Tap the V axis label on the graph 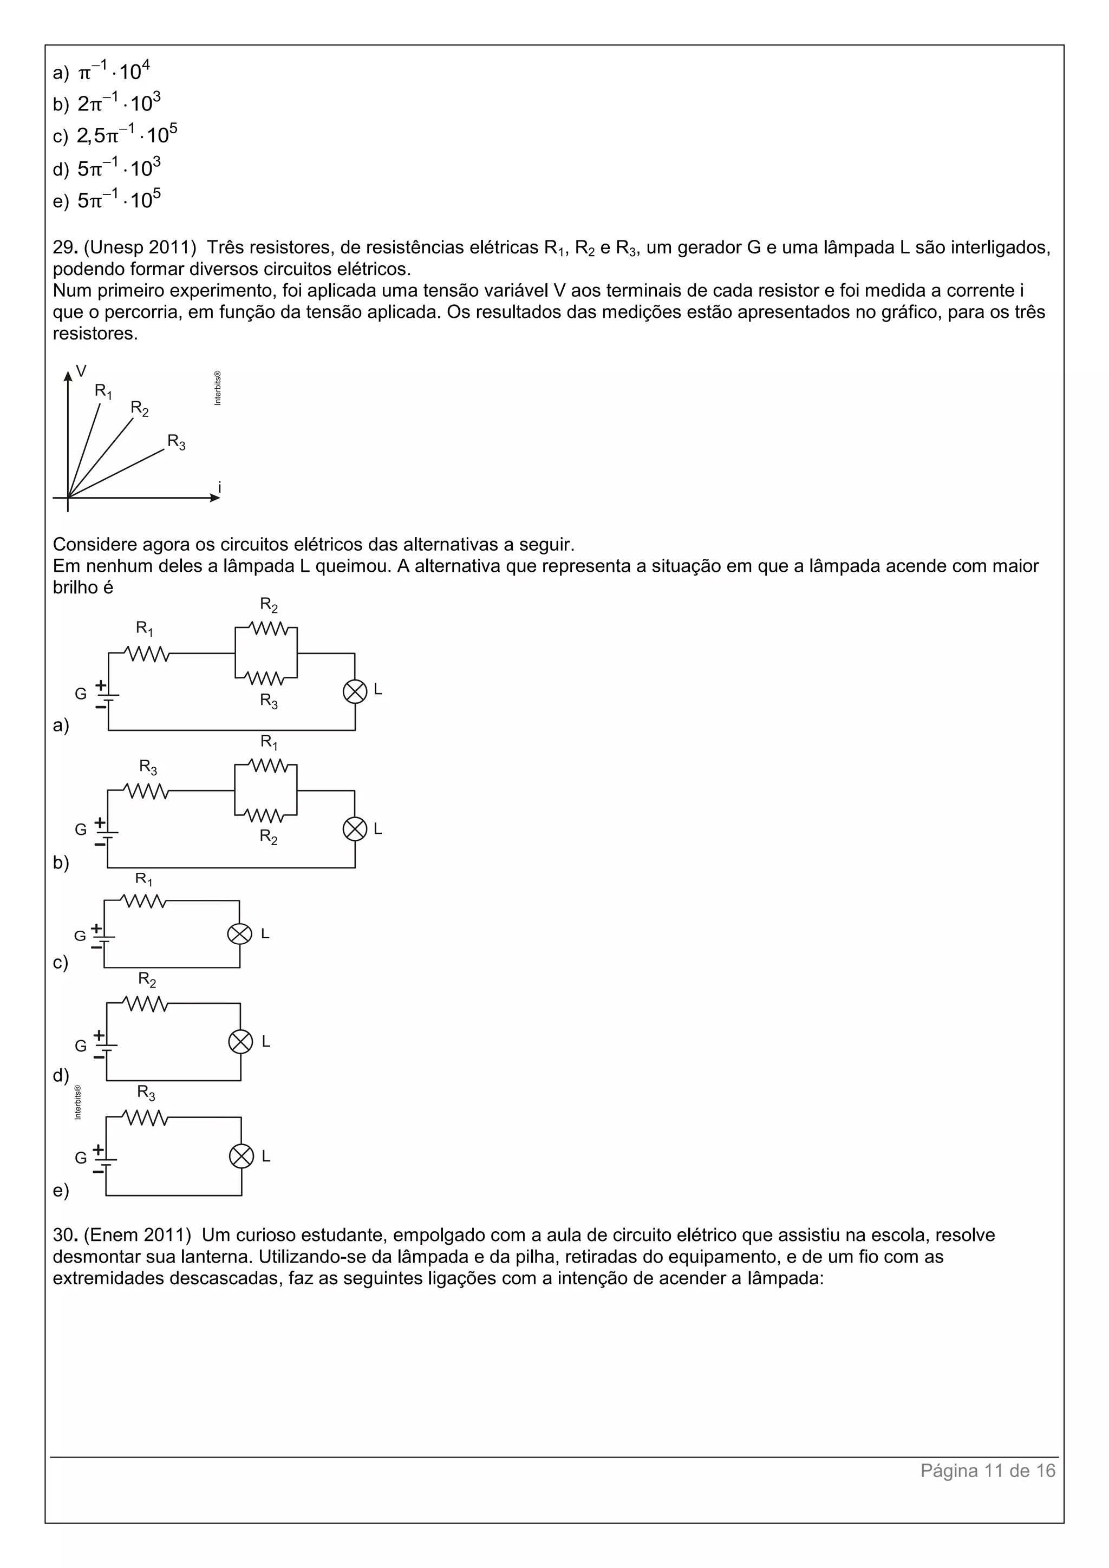pyautogui.click(x=81, y=371)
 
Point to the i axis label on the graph pyautogui.click(x=219, y=487)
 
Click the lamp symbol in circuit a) pyautogui.click(x=355, y=692)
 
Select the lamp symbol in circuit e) pyautogui.click(x=240, y=1156)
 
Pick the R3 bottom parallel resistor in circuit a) pyautogui.click(x=266, y=678)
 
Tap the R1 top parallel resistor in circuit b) pyautogui.click(x=266, y=766)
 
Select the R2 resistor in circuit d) pyautogui.click(x=146, y=1003)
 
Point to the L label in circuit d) pyautogui.click(x=266, y=1042)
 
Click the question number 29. pyautogui.click(x=64, y=247)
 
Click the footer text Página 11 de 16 pyautogui.click(x=988, y=1471)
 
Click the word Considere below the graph pyautogui.click(x=94, y=544)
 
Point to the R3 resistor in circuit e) pyautogui.click(x=146, y=1118)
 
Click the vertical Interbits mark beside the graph pyautogui.click(x=217, y=388)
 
